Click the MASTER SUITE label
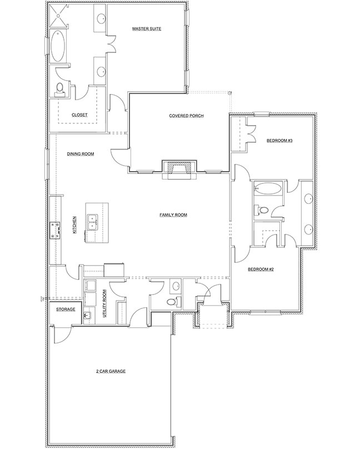click(147, 28)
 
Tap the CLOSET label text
click(79, 115)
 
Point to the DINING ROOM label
click(80, 154)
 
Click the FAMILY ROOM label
click(173, 214)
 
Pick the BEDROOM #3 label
click(279, 141)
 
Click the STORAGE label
click(61, 310)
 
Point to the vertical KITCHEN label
click(74, 225)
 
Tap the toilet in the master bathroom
click(61, 88)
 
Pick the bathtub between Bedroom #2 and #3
click(267, 188)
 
